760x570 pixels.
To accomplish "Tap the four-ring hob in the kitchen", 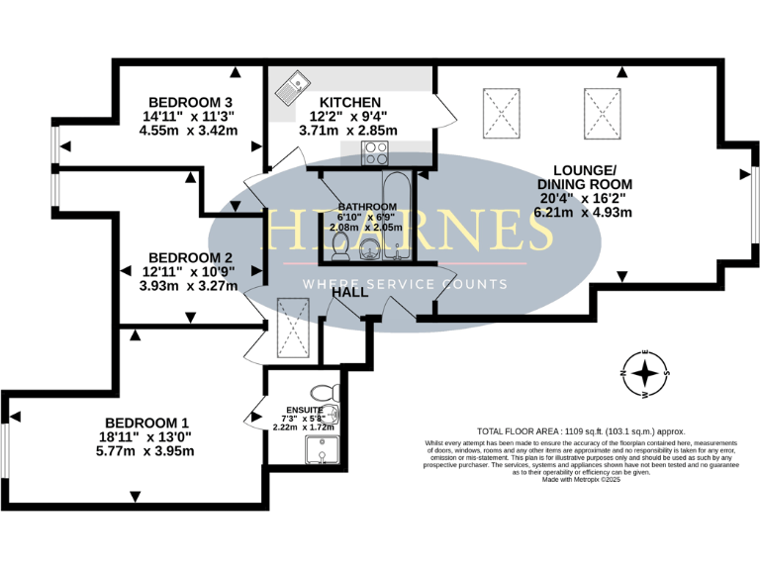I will pos(377,153).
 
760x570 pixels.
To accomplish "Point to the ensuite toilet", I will pos(324,394).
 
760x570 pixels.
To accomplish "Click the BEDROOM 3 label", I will pos(190,102).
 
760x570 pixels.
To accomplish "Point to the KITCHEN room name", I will pos(349,102).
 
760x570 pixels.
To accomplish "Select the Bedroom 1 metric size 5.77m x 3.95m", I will pos(151,451).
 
